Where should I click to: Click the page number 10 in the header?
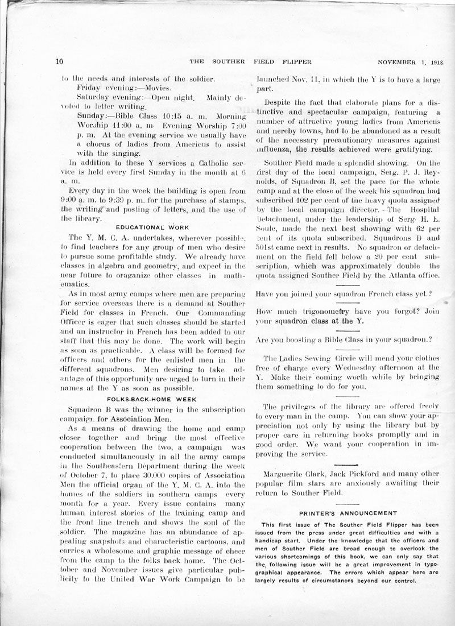tap(59, 61)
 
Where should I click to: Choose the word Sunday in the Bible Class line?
tap(88, 115)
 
